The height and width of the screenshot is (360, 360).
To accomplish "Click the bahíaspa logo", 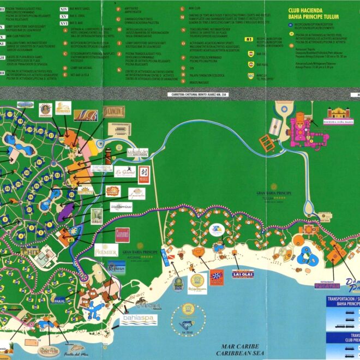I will pos(139,319).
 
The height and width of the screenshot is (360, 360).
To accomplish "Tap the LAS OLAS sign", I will pos(243,273).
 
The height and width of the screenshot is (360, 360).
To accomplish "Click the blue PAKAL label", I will pos(59,300).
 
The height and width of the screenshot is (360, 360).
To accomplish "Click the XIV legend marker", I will pos(64,9).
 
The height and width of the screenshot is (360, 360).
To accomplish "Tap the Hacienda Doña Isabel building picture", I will pos(339,115).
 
